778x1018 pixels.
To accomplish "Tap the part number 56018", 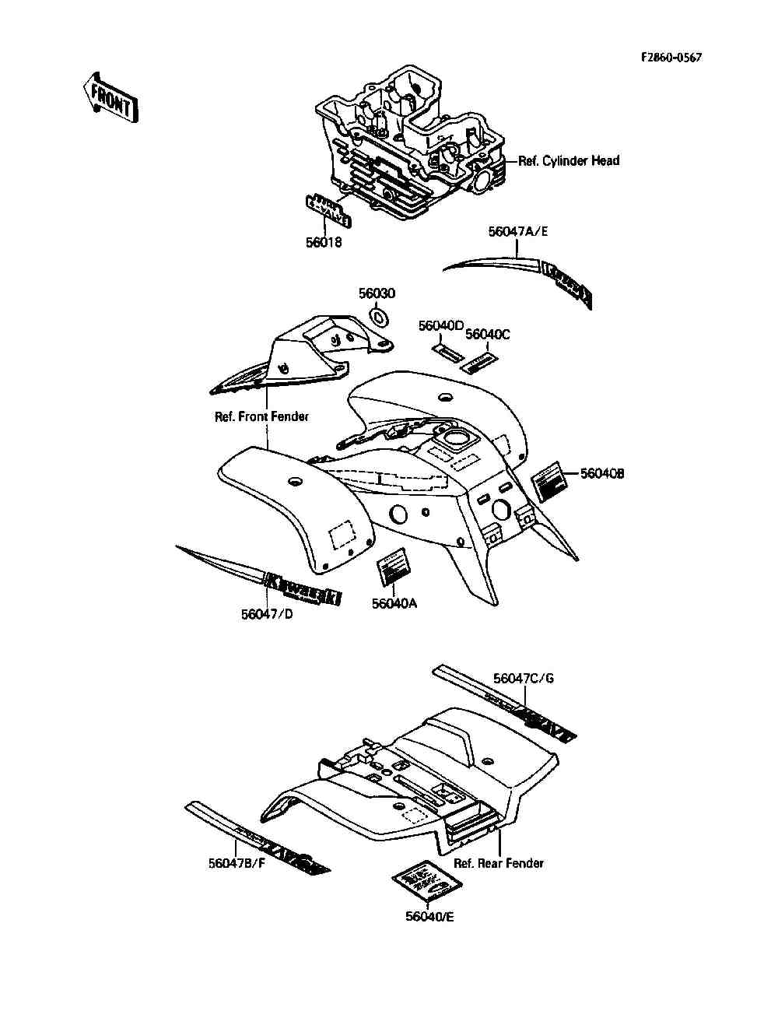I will [324, 242].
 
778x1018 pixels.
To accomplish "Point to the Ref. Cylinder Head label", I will [569, 161].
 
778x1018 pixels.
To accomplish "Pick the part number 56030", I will [377, 293].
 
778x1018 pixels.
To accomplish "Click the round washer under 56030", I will [380, 317].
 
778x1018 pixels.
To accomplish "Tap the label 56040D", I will [441, 325].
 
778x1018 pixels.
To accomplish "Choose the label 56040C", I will [488, 334].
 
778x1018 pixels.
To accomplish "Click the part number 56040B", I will [602, 473].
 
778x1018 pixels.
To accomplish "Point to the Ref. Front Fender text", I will [261, 416].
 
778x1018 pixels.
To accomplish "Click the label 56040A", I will [394, 603].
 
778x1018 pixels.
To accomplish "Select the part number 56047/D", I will [267, 614].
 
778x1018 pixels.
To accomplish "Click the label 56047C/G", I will [524, 678].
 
